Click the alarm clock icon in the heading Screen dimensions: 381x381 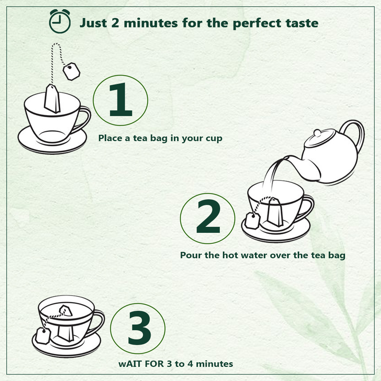pos(60,22)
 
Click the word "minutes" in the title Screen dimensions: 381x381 pos(151,23)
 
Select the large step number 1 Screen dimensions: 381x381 pos(121,99)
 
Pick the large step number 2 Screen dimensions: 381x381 pos(208,217)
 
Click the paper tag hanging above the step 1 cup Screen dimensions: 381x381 pos(71,71)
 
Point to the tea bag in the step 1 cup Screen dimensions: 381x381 pos(52,99)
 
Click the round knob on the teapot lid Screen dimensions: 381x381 pos(317,133)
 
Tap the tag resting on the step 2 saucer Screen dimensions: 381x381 pos(253,220)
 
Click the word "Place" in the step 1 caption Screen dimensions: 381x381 pos(110,138)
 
